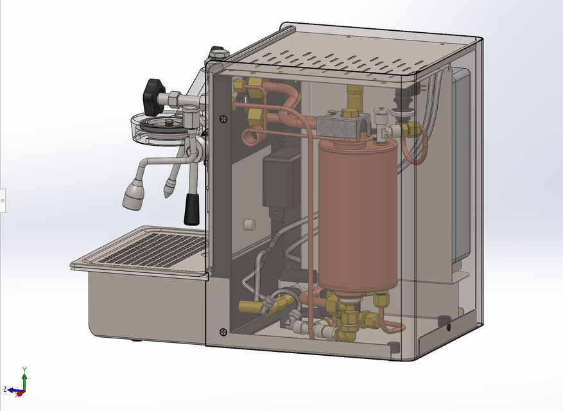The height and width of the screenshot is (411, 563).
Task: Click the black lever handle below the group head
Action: [191, 209]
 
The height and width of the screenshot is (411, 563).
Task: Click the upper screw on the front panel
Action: [222, 118]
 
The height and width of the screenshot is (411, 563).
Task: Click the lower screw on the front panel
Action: [223, 331]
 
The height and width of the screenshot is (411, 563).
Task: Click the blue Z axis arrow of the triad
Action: [10, 389]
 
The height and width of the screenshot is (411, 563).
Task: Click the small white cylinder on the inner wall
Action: [250, 225]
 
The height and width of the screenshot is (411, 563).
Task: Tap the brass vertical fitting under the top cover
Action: [354, 98]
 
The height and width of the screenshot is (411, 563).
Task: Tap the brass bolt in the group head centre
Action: [168, 122]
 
